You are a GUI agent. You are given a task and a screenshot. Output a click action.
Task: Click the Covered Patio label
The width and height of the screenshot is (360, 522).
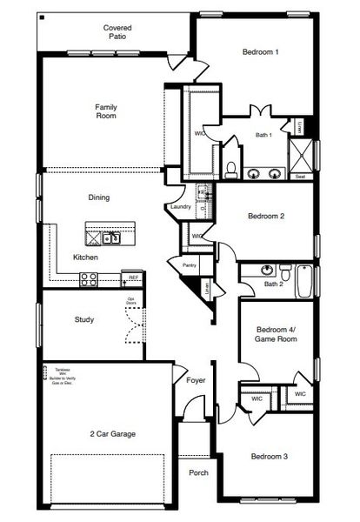[117, 33]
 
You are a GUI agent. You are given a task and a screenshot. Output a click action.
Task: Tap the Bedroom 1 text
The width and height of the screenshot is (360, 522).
[260, 52]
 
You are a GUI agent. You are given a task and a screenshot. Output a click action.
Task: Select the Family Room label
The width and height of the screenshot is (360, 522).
[106, 111]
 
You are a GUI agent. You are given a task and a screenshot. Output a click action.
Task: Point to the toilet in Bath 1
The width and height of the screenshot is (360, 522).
[231, 167]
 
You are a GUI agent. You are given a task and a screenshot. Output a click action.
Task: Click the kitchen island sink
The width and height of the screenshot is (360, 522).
[110, 238]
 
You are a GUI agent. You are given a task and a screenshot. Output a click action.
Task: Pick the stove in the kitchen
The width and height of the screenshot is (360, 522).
[89, 278]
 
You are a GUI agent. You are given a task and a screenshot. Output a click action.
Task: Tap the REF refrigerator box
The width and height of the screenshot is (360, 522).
[132, 278]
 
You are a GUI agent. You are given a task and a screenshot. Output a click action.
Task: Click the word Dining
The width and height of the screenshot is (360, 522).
[99, 197]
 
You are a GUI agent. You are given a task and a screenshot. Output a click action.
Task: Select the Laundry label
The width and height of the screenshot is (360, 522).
[181, 206]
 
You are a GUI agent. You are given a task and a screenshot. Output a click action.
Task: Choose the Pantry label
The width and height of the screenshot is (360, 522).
[189, 265]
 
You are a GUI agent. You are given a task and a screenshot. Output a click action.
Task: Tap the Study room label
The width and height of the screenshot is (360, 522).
[83, 319]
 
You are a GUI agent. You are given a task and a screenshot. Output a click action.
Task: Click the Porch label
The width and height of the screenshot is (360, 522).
[199, 473]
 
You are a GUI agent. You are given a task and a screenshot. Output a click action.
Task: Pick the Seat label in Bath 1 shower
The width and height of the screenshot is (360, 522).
[299, 177]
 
